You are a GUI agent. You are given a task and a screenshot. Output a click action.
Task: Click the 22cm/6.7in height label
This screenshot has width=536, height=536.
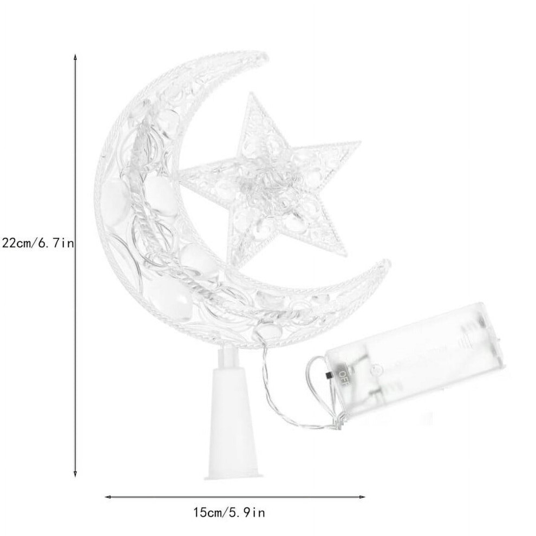point(37,244)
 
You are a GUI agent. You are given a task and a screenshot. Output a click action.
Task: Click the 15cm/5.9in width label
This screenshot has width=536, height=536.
point(230,512)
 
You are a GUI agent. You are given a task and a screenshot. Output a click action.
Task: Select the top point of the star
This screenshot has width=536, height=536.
point(253,95)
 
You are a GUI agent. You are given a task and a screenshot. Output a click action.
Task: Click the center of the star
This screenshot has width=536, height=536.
point(270,185)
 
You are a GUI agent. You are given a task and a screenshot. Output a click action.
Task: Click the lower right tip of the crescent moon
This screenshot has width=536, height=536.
point(387,263)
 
